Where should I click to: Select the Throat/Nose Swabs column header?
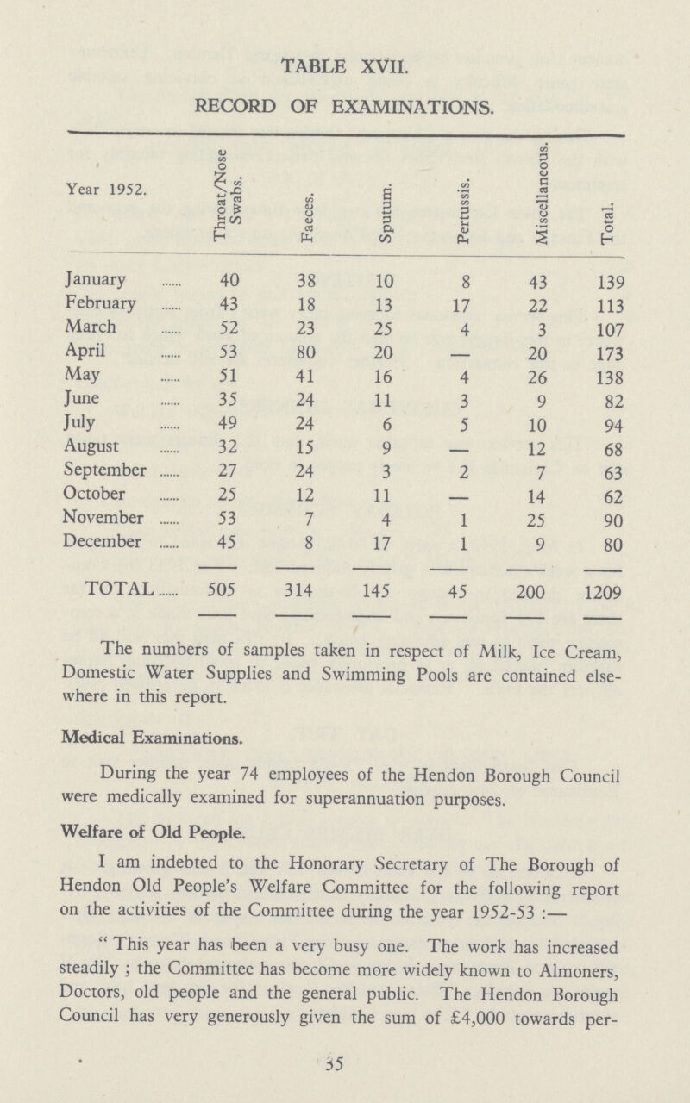click(x=226, y=197)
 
